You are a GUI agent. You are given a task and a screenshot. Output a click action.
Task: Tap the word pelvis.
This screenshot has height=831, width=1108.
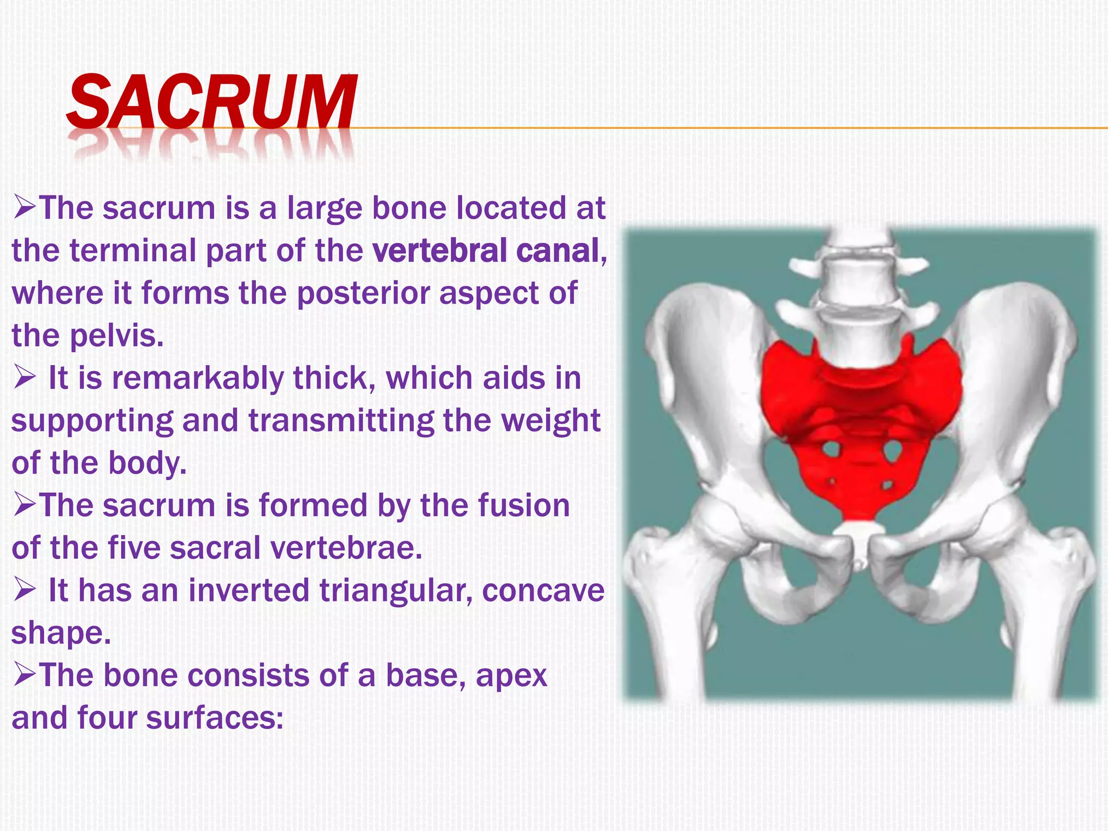coord(116,336)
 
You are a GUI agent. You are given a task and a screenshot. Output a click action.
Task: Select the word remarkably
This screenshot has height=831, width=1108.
coord(197,378)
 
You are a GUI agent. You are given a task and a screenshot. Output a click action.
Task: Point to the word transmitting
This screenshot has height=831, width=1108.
coord(341,421)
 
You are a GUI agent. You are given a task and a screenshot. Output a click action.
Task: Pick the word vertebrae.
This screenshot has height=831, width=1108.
coord(346,548)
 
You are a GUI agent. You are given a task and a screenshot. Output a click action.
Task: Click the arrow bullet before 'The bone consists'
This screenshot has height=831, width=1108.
coord(24,676)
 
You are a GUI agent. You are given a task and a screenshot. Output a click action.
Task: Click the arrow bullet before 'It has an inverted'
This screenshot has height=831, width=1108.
coord(24,591)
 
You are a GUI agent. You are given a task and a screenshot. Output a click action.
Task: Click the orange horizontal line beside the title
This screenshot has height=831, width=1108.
coord(703,128)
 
